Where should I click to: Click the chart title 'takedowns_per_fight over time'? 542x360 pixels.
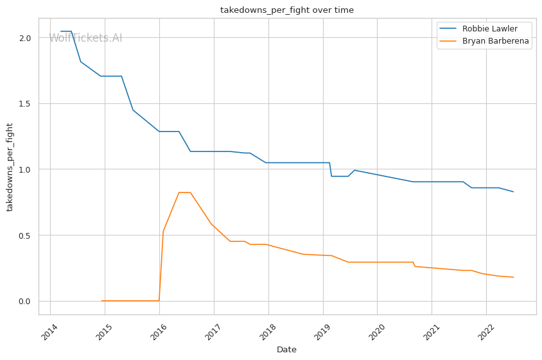coord(287,10)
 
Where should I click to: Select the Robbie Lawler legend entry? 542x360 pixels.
coord(478,29)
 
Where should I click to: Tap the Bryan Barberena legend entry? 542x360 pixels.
coord(484,41)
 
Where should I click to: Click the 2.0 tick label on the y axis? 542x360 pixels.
coord(25,38)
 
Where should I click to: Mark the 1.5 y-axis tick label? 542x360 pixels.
coord(25,104)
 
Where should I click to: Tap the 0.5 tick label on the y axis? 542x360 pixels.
coord(25,236)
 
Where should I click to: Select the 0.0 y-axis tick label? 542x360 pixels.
coord(25,301)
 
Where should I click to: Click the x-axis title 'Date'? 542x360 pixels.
coord(286,350)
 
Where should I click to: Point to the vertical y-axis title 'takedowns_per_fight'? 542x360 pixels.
coord(10,167)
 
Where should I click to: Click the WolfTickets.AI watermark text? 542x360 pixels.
coord(85,38)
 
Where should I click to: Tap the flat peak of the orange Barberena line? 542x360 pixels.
coord(184,193)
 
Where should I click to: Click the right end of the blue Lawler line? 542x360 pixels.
coord(513,192)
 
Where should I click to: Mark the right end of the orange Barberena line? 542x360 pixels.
coord(513,277)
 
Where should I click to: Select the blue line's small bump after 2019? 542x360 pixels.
coord(354,170)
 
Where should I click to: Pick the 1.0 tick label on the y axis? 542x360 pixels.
coord(25,169)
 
